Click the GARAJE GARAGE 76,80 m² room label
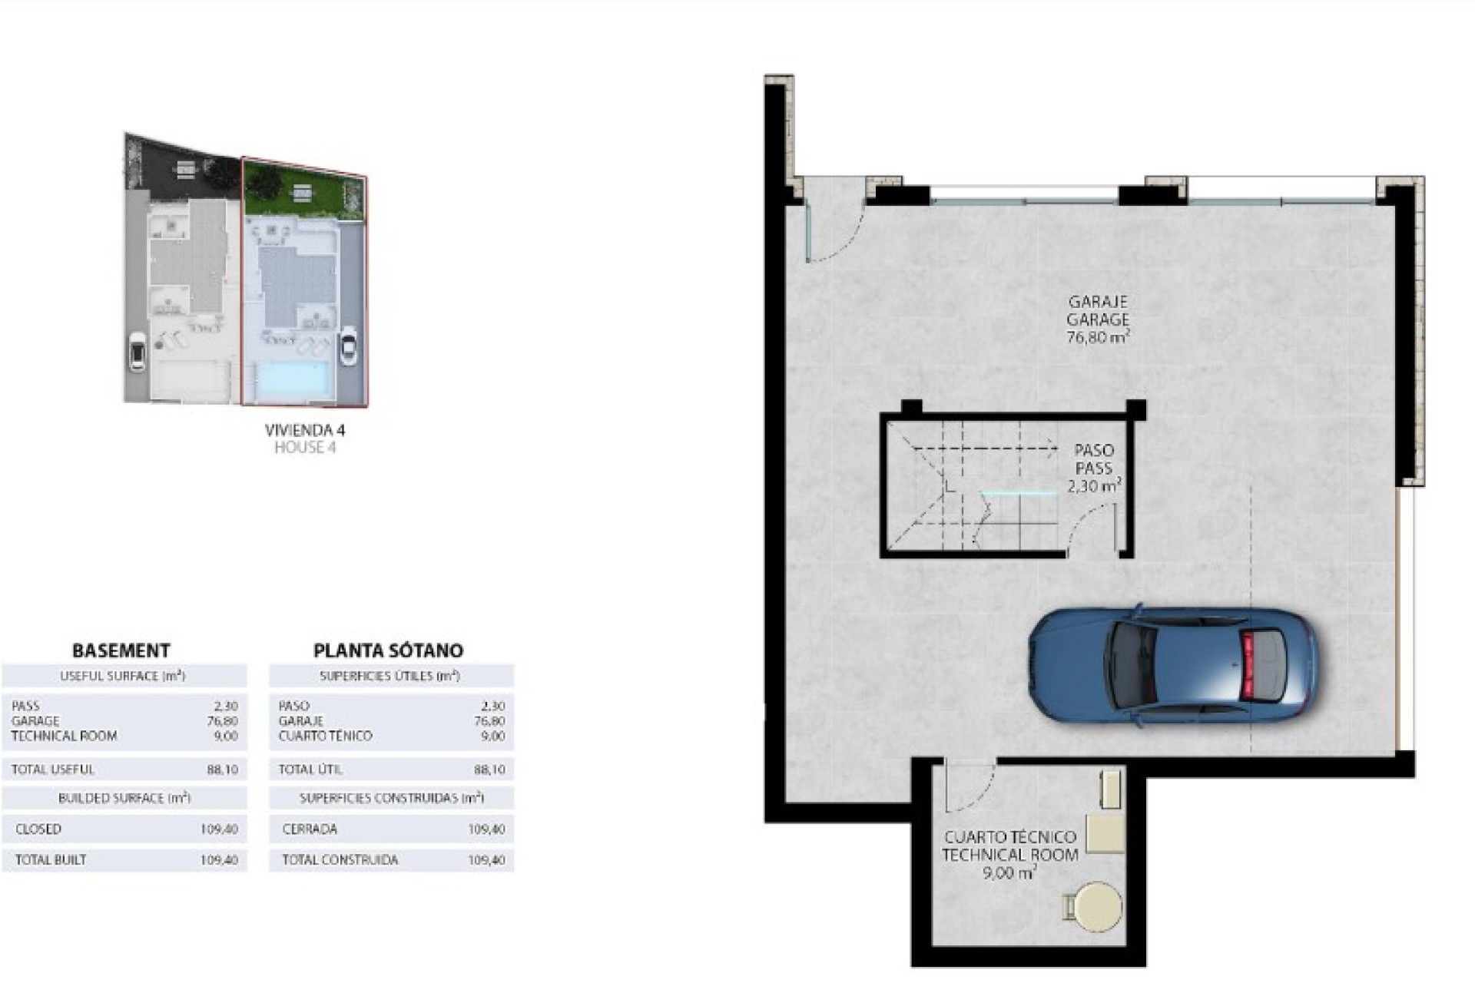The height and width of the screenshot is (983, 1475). [x=1097, y=319]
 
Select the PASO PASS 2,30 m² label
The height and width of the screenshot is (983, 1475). [x=1094, y=468]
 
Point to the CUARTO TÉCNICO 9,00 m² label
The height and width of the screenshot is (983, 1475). [x=1009, y=854]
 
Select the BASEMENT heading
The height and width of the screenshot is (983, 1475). [x=121, y=650]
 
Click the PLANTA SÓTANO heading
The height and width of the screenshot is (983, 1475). [x=388, y=650]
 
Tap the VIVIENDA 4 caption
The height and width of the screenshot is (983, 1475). [x=305, y=430]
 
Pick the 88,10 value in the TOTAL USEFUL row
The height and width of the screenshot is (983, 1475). [x=222, y=770]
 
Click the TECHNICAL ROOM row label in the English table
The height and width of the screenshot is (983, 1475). [x=65, y=736]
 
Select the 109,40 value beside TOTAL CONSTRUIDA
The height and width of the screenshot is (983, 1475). [x=486, y=860]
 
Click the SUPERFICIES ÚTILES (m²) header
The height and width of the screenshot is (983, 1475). [x=389, y=677]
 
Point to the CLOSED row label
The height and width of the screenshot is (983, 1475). [x=38, y=829]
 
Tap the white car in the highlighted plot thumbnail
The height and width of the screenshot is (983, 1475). [x=348, y=347]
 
